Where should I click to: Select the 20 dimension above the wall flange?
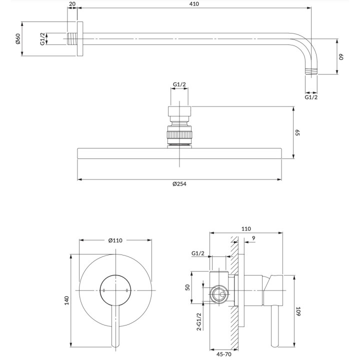point(72,4)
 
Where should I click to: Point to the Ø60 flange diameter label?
point(17,38)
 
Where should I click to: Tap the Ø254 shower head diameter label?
point(179,184)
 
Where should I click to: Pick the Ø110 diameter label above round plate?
point(115,240)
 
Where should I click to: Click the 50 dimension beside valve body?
point(187,287)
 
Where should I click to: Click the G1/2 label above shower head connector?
point(179,84)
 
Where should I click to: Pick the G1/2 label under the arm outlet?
point(311,97)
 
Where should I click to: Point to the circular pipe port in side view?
point(219,295)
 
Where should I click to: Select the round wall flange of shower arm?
point(79,39)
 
